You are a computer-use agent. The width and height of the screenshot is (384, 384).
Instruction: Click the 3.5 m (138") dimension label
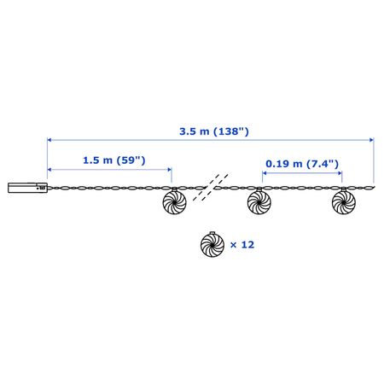coord(214,131)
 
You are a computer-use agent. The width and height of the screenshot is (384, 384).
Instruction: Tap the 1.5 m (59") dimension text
coord(114,160)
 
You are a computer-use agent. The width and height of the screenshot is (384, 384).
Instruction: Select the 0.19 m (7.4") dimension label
coord(302,164)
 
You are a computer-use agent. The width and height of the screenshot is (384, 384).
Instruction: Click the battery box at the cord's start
coord(27,188)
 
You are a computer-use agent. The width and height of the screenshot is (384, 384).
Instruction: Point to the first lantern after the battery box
coord(174,201)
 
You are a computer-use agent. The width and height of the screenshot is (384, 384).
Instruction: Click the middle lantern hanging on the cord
coord(259,201)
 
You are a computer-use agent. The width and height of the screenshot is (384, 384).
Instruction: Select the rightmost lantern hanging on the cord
coord(344,201)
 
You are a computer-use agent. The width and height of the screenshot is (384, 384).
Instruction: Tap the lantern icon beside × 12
coord(212,244)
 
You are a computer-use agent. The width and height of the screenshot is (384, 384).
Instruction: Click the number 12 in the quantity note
coord(247,245)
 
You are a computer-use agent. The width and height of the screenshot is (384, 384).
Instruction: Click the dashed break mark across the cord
coord(211,187)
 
